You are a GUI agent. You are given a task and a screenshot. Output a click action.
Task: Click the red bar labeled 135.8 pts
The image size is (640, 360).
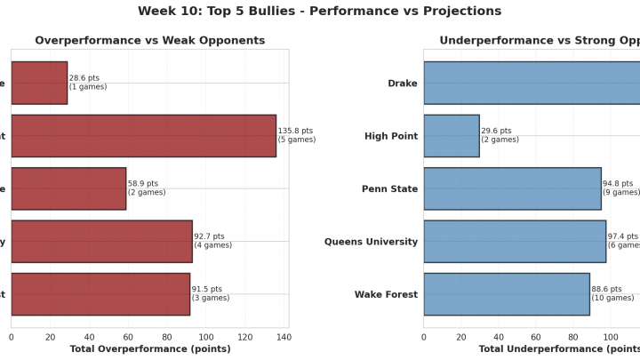[x=143, y=136]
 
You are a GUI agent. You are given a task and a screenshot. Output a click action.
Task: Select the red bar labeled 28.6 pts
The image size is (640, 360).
[x=39, y=83]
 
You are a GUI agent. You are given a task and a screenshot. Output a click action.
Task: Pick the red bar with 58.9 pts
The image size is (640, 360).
[x=68, y=188]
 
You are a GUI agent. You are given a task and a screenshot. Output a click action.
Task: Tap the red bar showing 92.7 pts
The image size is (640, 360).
[x=101, y=241]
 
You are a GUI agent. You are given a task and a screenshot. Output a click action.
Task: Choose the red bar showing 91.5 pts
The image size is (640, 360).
[x=100, y=294]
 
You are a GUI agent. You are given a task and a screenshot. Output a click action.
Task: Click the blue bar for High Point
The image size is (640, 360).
[x=452, y=136]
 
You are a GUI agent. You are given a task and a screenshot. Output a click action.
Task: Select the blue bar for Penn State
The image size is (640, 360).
[x=512, y=188]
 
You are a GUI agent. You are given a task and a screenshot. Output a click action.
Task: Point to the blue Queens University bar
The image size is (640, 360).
[x=515, y=241]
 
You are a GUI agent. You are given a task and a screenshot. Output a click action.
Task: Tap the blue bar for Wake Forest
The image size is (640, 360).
[x=507, y=294]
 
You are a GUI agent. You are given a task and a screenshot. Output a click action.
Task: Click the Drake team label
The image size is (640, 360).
[x=403, y=84]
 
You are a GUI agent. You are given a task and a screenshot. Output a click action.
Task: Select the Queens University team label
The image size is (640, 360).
[x=371, y=242]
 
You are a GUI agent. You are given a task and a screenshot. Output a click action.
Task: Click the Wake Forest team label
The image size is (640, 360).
[x=386, y=294]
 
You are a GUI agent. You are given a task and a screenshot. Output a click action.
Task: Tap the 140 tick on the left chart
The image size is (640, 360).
[x=284, y=337]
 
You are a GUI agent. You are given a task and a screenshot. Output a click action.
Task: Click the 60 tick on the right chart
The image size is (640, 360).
[x=536, y=337]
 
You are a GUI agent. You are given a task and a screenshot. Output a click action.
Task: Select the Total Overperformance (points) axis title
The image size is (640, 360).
[x=149, y=349]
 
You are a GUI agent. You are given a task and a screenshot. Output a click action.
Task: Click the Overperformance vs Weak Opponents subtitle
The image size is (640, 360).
[x=149, y=41]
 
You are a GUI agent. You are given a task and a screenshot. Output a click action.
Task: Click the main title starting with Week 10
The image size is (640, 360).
[x=320, y=12]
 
